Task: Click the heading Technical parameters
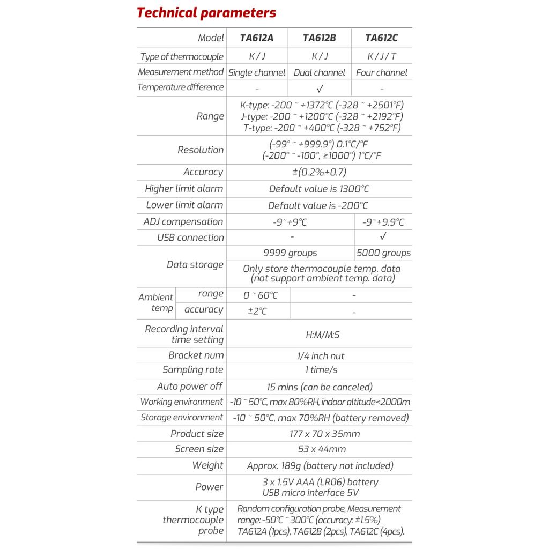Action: (x=206, y=13)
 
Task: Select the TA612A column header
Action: (x=257, y=38)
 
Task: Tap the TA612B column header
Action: (x=319, y=38)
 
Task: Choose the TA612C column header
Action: (x=381, y=38)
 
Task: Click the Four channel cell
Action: (x=381, y=72)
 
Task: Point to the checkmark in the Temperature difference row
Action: (x=320, y=88)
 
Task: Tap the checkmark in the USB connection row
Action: (x=383, y=236)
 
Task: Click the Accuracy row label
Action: (x=203, y=172)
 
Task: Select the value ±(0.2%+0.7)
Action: (x=319, y=172)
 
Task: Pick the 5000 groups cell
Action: (x=383, y=253)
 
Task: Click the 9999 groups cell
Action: (x=290, y=253)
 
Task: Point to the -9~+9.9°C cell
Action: (x=383, y=222)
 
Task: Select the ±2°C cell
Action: (x=257, y=311)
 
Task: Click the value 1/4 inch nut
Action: (x=320, y=356)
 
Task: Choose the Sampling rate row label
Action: (x=192, y=370)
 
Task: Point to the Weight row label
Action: (x=207, y=465)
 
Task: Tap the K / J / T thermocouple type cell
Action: (x=381, y=56)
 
